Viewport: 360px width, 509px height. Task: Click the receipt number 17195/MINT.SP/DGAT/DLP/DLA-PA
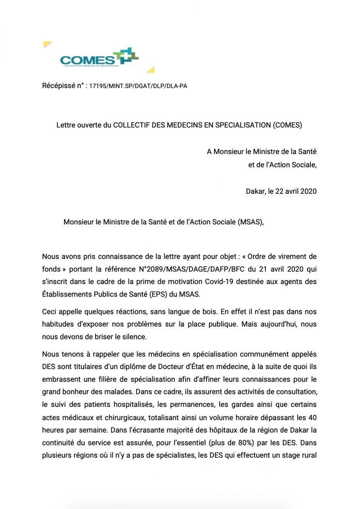138,86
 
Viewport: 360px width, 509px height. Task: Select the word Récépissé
59,86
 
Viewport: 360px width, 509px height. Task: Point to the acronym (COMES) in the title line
287,125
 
